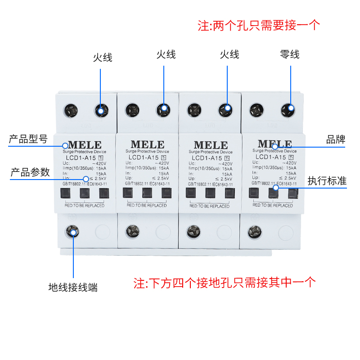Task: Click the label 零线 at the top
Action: coord(289,55)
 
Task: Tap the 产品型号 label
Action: coord(28,139)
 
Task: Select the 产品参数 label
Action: coord(30,172)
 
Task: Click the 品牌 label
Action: coord(336,139)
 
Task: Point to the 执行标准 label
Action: coord(327,181)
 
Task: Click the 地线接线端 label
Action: coord(73,287)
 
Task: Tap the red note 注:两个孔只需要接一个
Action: coord(259,25)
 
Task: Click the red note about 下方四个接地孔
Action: coord(225,283)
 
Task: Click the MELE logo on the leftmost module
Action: coord(85,145)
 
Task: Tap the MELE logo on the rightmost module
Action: coord(274,144)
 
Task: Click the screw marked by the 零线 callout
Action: coord(289,109)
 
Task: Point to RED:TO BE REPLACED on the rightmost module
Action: coord(273,205)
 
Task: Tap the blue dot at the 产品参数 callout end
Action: coord(86,179)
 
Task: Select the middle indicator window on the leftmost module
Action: coord(85,193)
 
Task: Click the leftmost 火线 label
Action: coord(103,58)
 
